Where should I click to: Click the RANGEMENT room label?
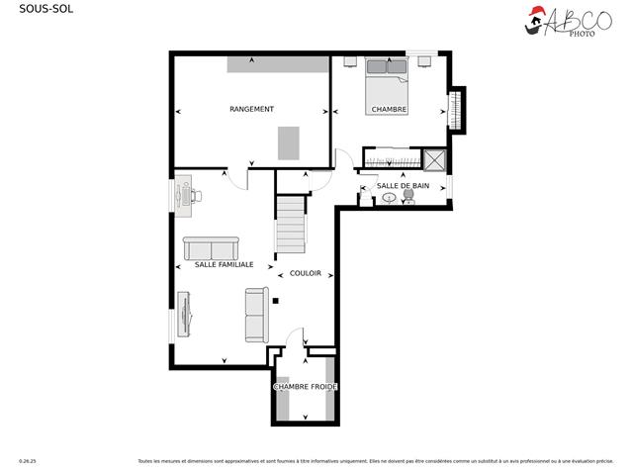[251, 109]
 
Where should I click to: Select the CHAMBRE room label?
[389, 109]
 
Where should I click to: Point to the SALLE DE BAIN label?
[403, 186]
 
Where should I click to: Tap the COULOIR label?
[305, 273]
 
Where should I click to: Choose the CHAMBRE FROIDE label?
[306, 386]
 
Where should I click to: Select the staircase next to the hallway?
[291, 225]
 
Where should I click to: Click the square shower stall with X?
[434, 160]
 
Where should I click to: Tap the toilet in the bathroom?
[408, 199]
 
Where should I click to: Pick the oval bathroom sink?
[389, 198]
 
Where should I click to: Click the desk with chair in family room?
[186, 195]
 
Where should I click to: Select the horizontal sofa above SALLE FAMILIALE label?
[211, 247]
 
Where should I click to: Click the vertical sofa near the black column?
[256, 315]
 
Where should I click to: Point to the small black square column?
[276, 300]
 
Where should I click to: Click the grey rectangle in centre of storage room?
[288, 142]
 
